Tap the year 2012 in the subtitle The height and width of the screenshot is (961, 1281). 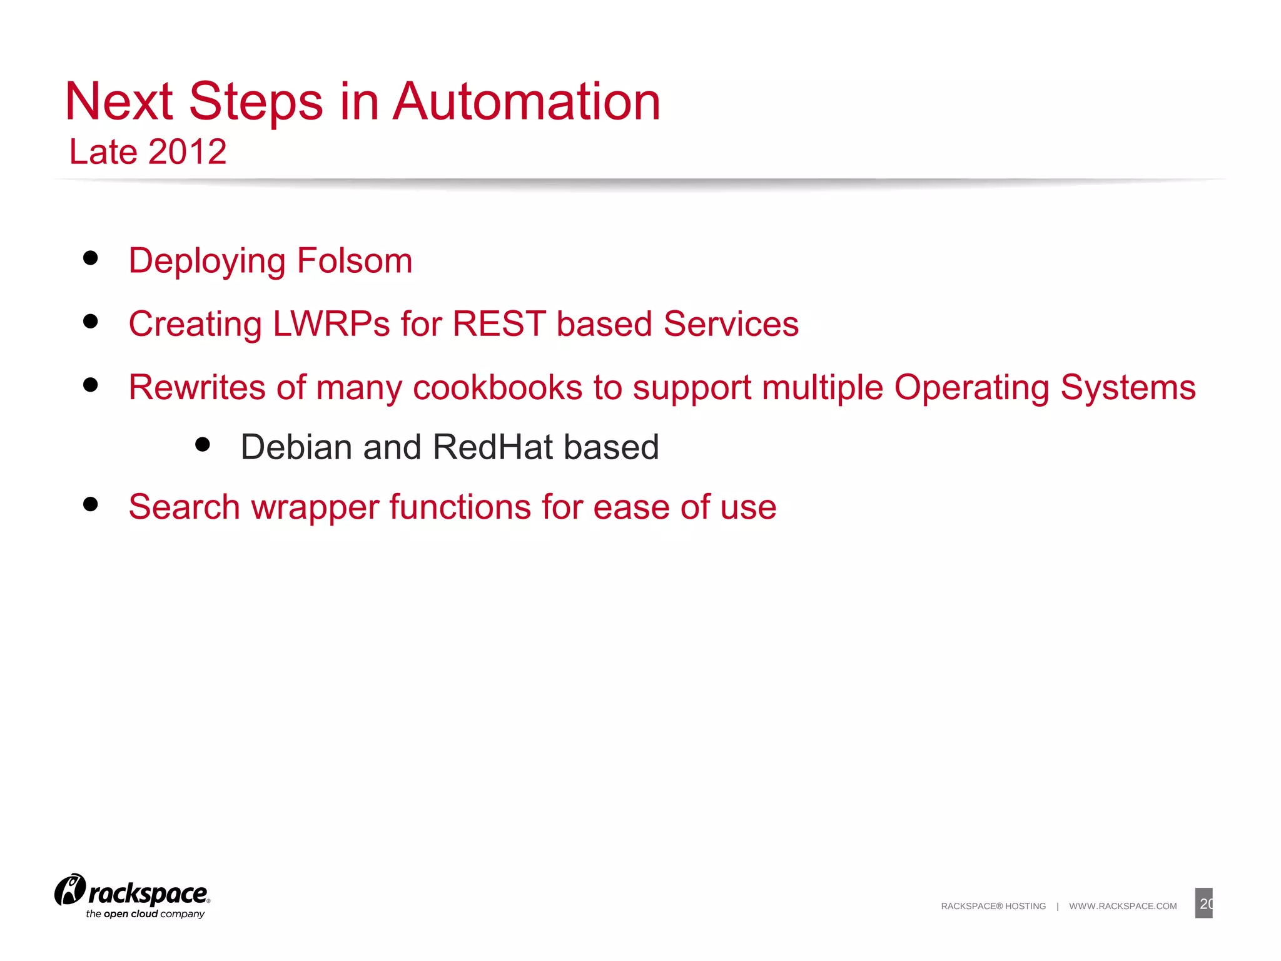point(187,152)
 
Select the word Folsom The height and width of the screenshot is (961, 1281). point(354,260)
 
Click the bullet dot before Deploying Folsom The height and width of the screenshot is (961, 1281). point(91,258)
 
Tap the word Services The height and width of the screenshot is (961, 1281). point(731,324)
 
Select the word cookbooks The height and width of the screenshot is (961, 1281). point(497,387)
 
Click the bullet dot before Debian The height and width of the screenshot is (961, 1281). point(202,444)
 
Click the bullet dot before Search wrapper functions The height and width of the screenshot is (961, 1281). point(91,504)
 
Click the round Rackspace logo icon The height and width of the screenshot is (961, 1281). point(69,890)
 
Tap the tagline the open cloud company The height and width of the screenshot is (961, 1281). point(145,914)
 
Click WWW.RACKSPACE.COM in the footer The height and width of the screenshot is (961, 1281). point(1122,906)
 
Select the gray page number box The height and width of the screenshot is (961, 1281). point(1203,903)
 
